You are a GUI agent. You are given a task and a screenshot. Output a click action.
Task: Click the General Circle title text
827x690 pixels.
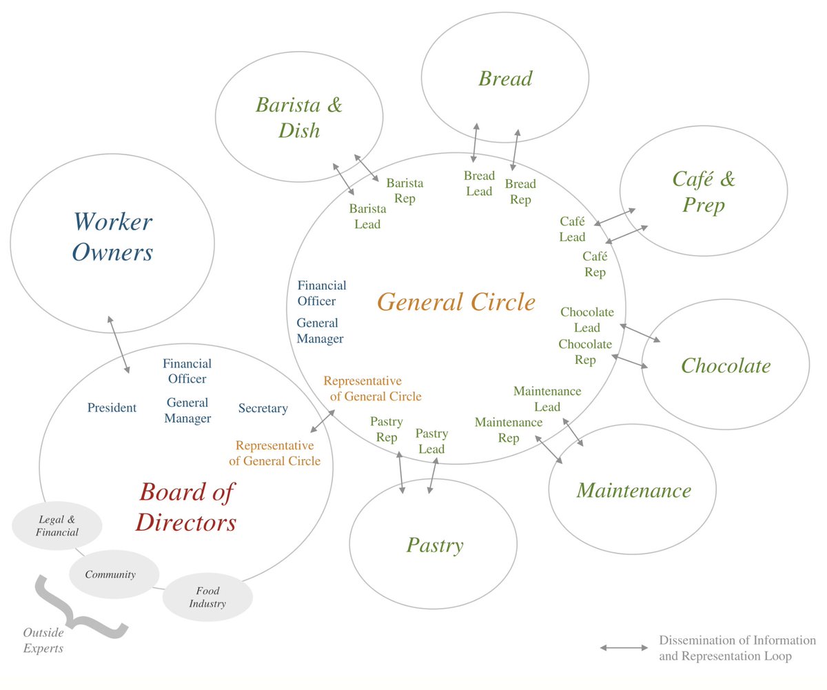click(x=456, y=302)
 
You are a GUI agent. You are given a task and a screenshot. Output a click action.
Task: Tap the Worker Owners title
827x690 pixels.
click(x=112, y=237)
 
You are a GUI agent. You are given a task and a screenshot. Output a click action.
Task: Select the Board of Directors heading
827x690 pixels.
click(x=186, y=507)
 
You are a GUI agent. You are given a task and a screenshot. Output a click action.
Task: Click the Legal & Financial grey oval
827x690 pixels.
click(x=58, y=525)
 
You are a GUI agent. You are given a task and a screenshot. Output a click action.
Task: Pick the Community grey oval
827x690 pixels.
click(x=114, y=574)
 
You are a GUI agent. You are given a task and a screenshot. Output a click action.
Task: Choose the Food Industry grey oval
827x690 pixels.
click(x=207, y=597)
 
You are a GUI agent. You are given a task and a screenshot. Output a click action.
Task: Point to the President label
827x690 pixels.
click(x=112, y=408)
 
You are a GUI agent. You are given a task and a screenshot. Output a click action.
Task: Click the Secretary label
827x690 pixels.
click(x=263, y=409)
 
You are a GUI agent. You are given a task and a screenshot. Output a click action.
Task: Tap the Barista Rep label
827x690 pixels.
click(x=405, y=191)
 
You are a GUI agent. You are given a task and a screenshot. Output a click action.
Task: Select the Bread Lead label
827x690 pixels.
click(x=479, y=183)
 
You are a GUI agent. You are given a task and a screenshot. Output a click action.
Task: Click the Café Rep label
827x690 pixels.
click(x=594, y=264)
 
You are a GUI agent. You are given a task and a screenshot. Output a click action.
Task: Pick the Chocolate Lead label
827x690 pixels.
click(x=586, y=320)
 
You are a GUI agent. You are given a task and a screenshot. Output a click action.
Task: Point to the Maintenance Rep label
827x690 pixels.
click(x=509, y=429)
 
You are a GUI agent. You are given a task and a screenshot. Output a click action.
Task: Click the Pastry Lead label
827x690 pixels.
click(x=432, y=441)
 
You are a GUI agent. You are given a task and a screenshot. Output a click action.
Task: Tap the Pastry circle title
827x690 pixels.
click(x=434, y=546)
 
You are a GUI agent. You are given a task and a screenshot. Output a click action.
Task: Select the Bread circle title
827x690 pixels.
click(x=505, y=79)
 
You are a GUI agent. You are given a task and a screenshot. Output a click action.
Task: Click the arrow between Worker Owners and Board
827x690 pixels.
click(x=118, y=345)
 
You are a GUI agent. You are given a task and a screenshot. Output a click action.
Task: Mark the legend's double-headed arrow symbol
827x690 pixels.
click(x=624, y=648)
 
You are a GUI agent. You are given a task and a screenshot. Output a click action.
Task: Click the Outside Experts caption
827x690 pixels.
click(x=43, y=640)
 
